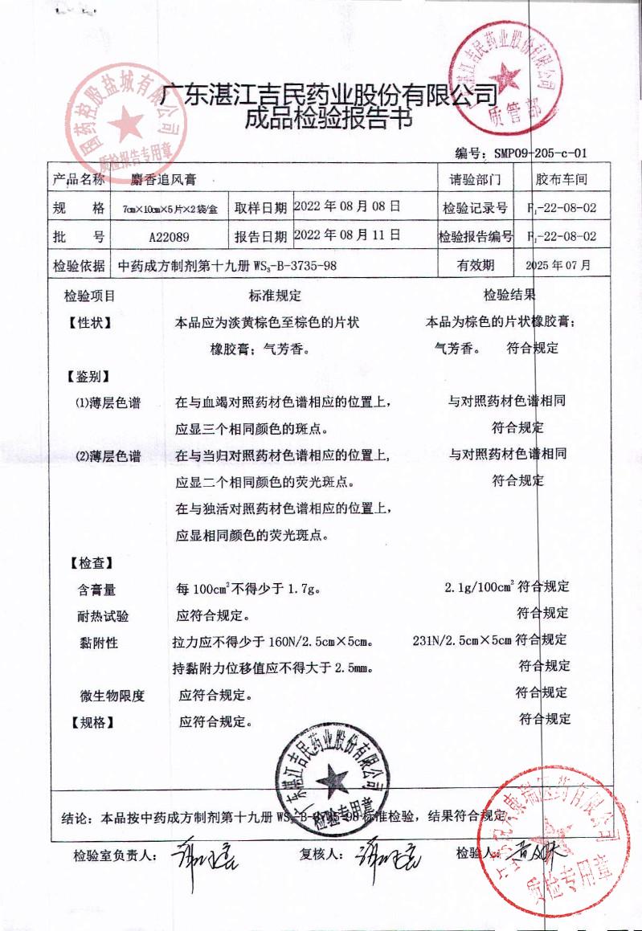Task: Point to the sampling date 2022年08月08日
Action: pos(347,206)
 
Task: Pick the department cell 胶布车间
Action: pos(562,179)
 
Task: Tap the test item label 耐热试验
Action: pos(103,617)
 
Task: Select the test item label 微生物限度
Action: pos(112,696)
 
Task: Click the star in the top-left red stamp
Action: pos(125,125)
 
